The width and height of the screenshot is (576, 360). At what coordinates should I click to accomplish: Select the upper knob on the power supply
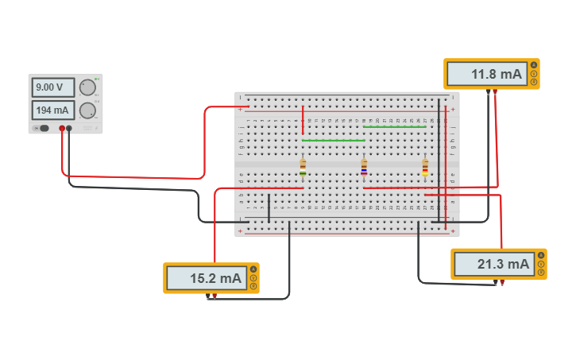click(87, 87)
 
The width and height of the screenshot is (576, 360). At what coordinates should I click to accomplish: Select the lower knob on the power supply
click(87, 110)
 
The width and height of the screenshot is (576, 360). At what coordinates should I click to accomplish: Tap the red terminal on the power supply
click(61, 128)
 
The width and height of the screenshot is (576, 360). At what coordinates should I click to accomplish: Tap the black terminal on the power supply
click(69, 128)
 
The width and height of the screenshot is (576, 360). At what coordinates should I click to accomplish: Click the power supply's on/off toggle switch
click(43, 128)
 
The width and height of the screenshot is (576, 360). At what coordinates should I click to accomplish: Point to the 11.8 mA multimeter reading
click(485, 74)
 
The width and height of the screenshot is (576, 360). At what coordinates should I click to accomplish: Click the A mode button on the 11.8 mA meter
click(534, 65)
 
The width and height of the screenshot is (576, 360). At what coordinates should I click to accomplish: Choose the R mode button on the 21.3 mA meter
click(541, 273)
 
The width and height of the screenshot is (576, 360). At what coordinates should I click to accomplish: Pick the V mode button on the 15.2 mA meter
click(253, 278)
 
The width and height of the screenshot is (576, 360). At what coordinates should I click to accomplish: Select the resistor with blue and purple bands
click(364, 167)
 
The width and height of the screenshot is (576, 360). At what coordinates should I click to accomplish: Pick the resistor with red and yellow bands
click(425, 167)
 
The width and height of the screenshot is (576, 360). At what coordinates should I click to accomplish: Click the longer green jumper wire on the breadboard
click(333, 141)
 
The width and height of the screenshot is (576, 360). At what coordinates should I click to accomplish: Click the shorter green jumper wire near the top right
click(394, 127)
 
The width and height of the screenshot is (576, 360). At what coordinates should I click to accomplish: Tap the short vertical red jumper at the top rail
click(303, 119)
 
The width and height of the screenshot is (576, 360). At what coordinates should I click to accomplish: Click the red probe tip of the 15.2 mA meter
click(215, 296)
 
